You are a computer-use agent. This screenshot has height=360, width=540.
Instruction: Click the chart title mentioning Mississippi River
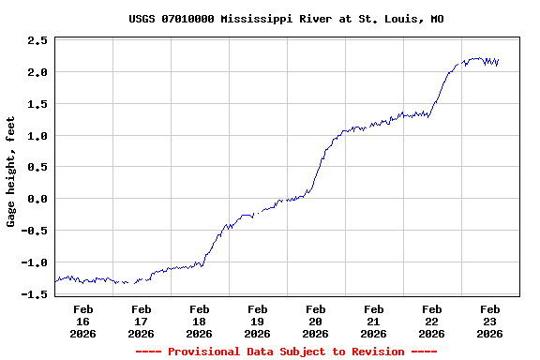pyautogui.click(x=286, y=19)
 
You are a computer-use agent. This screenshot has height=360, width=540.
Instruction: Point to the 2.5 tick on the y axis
pyautogui.click(x=37, y=41)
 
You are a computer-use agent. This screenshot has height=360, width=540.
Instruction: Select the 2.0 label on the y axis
pyautogui.click(x=37, y=72)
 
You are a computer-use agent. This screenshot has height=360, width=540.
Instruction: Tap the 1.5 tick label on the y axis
pyautogui.click(x=37, y=104)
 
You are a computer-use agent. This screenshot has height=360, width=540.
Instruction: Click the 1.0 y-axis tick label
pyautogui.click(x=37, y=136)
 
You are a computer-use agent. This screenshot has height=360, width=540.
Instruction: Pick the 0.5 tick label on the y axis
pyautogui.click(x=37, y=168)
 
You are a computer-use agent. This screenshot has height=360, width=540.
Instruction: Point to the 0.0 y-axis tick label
pyautogui.click(x=37, y=199)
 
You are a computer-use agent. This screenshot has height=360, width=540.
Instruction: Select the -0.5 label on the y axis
pyautogui.click(x=35, y=231)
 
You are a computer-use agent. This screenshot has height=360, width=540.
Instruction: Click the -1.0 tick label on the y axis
pyautogui.click(x=35, y=262)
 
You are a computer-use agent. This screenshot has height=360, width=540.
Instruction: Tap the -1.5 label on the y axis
pyautogui.click(x=35, y=294)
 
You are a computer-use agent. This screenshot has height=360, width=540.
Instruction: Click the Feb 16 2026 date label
pyautogui.click(x=83, y=321)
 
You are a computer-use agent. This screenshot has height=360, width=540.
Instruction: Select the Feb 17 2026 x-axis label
pyautogui.click(x=142, y=321)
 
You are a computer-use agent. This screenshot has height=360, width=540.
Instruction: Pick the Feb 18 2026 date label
pyautogui.click(x=200, y=321)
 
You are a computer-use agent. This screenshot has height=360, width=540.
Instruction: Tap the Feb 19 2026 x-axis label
pyautogui.click(x=258, y=321)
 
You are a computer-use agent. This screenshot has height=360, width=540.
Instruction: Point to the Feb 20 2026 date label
pyautogui.click(x=316, y=321)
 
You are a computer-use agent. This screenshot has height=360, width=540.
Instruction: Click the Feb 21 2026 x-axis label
pyautogui.click(x=374, y=321)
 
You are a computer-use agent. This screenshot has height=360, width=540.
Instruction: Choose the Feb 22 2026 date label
pyautogui.click(x=432, y=321)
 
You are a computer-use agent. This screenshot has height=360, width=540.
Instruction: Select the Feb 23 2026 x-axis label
pyautogui.click(x=490, y=321)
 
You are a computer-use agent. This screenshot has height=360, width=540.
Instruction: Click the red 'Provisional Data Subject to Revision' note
pyautogui.click(x=286, y=352)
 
